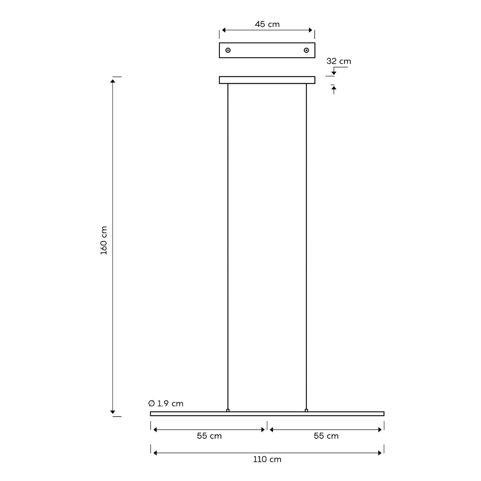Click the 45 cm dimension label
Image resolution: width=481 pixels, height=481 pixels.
click(x=267, y=24)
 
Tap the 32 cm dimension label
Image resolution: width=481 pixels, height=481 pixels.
click(x=339, y=61)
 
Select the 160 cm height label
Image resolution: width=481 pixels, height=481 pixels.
click(x=104, y=240)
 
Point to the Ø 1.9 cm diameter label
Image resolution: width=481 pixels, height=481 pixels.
click(x=166, y=403)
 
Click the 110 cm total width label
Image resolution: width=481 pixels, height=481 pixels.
click(x=267, y=460)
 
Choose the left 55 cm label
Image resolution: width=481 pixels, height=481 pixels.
click(x=209, y=436)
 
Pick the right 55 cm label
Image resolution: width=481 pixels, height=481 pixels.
click(x=326, y=436)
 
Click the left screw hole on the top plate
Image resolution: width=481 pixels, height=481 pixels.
click(x=228, y=50)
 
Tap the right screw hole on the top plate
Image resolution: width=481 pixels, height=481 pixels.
click(x=307, y=50)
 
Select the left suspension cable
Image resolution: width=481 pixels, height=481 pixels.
click(x=228, y=247)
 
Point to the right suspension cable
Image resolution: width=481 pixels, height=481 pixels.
click(x=307, y=247)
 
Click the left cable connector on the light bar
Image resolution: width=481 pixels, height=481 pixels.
click(x=228, y=410)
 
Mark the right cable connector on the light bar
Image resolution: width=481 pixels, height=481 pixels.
click(x=307, y=410)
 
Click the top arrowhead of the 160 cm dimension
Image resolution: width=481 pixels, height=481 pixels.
click(x=113, y=81)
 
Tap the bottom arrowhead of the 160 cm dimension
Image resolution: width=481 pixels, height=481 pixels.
click(x=113, y=412)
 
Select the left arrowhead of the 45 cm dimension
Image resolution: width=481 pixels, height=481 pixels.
click(x=224, y=30)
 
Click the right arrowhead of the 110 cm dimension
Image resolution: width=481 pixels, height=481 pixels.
click(x=380, y=453)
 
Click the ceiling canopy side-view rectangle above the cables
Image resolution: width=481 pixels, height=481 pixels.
click(x=267, y=80)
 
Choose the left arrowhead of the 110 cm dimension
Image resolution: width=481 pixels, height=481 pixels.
click(x=155, y=453)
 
